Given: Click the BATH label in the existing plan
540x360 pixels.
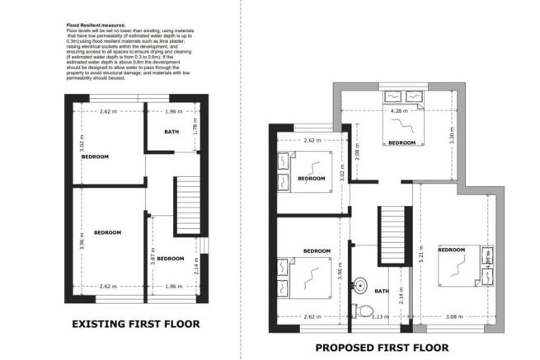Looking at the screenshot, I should point(171,132).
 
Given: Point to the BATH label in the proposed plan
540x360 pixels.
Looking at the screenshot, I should point(382,291).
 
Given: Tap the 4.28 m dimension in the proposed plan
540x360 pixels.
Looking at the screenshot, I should point(400,110).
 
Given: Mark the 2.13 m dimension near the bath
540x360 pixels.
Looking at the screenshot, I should point(380,316).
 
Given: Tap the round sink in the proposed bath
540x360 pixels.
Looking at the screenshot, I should point(360,286).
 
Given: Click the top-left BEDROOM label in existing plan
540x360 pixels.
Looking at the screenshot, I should point(96,156).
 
